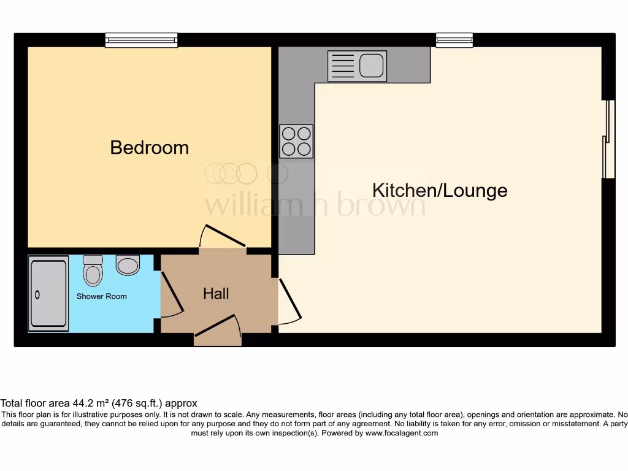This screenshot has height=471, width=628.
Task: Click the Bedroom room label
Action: [149, 147]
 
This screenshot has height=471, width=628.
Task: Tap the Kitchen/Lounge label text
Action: [440, 190]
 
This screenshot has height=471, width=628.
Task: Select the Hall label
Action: [216, 294]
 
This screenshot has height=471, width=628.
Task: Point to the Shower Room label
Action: [101, 296]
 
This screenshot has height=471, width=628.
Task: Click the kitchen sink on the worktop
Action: [357, 66]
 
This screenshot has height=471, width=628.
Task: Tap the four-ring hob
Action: [296, 141]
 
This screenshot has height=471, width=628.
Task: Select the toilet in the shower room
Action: [93, 270]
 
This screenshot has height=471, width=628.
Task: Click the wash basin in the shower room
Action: [128, 265]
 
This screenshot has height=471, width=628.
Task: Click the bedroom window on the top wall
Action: [141, 40]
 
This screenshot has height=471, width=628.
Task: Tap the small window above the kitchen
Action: [454, 40]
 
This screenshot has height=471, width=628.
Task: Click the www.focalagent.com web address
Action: [402, 433]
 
